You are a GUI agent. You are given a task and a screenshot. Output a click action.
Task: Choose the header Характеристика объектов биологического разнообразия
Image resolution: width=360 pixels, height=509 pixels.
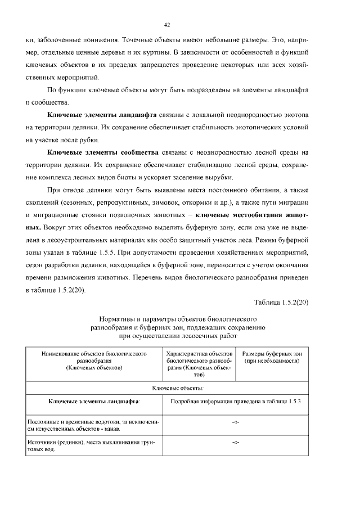point(199,364)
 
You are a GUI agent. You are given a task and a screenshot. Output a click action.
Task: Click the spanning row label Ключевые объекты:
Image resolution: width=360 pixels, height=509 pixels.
point(178,388)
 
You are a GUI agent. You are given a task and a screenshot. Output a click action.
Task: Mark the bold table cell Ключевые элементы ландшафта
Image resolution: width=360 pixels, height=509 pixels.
point(94,402)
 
